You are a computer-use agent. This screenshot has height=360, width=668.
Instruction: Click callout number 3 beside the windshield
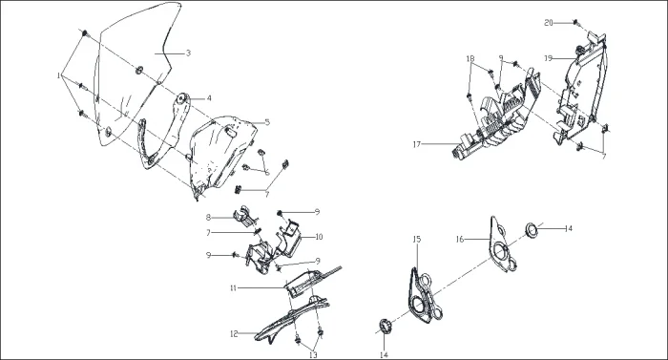(x=188, y=53)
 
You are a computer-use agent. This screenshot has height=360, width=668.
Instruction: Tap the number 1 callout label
(x=58, y=75)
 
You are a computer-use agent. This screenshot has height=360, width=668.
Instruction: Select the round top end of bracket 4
(x=183, y=99)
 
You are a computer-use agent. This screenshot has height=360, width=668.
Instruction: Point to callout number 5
(x=267, y=122)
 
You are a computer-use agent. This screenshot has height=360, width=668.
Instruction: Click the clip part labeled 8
(x=246, y=215)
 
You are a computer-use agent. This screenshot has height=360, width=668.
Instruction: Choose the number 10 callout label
(x=319, y=237)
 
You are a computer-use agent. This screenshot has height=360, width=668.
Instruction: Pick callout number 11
(x=233, y=288)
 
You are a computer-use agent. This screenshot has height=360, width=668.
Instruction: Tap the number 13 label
(x=313, y=355)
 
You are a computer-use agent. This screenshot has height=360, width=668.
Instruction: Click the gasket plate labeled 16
(x=503, y=245)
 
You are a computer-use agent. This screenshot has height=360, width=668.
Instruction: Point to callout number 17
(x=417, y=144)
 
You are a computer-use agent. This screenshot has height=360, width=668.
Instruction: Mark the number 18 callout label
(x=470, y=58)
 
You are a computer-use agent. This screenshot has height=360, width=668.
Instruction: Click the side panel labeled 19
(x=580, y=90)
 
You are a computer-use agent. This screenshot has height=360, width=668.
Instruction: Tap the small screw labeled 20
(x=575, y=21)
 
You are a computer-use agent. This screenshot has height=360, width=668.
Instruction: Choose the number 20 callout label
(x=549, y=23)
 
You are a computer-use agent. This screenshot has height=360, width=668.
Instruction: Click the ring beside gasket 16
(x=531, y=229)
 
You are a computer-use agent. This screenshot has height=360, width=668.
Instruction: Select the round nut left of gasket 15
(x=386, y=327)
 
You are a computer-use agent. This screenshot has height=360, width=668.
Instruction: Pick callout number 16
(x=460, y=240)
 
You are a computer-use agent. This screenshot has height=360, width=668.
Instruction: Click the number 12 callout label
(x=234, y=334)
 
